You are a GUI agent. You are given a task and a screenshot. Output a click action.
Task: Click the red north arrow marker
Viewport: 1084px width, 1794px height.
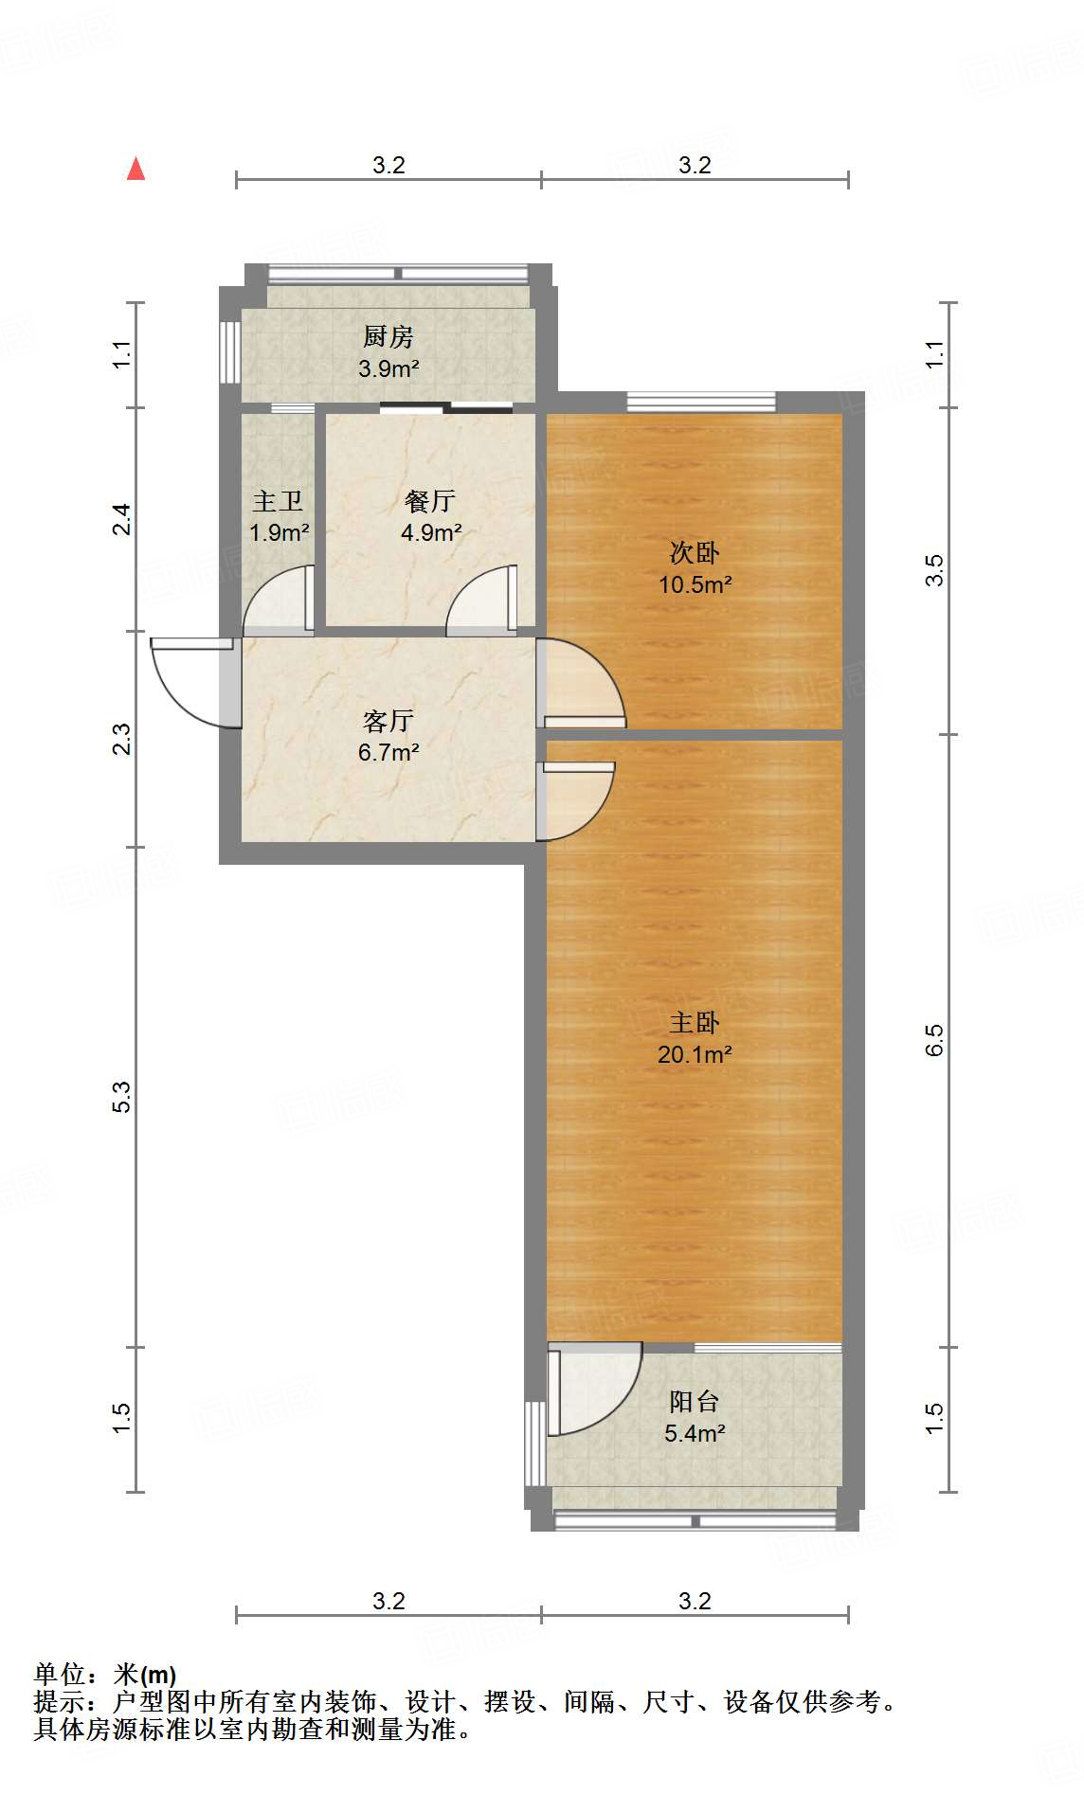(x=136, y=170)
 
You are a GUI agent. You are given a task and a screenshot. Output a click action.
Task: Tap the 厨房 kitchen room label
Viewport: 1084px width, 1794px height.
(x=388, y=336)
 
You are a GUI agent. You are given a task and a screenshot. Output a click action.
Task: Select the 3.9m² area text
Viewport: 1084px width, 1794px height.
(x=388, y=369)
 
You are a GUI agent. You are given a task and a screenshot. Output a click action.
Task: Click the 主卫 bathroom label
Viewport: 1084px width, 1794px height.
(x=278, y=501)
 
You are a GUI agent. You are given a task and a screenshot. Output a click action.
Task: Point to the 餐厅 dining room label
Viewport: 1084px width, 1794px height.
(x=430, y=501)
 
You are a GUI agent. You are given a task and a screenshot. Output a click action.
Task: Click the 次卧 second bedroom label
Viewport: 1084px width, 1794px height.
(x=695, y=552)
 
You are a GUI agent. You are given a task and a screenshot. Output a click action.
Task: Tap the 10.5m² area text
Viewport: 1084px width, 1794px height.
(x=695, y=584)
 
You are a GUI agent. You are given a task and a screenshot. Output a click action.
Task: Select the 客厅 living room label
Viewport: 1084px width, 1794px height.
(x=388, y=721)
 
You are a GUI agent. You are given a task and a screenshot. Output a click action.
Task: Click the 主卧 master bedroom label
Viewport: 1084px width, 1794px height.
(x=695, y=1022)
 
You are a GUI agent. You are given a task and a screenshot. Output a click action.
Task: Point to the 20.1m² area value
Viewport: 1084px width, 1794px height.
(x=695, y=1054)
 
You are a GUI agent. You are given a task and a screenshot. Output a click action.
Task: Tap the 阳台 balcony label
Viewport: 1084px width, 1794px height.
(x=695, y=1401)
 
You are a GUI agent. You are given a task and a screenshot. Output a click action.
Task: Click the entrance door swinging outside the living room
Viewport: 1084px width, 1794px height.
(x=194, y=682)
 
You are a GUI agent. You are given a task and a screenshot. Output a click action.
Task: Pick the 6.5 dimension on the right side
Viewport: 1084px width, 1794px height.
(x=934, y=1040)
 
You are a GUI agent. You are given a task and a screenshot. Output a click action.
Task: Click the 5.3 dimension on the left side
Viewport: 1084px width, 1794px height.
(x=122, y=1097)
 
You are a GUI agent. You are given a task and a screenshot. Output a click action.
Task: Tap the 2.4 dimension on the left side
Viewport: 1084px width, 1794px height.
(x=122, y=519)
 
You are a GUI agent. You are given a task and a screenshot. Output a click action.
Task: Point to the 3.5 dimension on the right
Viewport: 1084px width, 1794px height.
(x=934, y=570)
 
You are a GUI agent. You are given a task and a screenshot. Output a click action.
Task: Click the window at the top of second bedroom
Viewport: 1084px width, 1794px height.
(x=701, y=403)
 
